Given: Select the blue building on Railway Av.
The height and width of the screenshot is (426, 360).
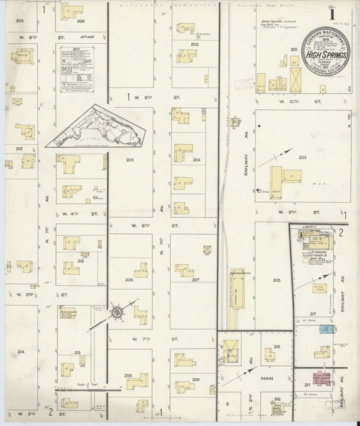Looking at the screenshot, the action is click(x=327, y=329).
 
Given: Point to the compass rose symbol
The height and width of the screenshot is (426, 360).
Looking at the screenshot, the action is click(x=116, y=312).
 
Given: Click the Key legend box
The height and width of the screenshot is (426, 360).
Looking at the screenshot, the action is click(x=76, y=68).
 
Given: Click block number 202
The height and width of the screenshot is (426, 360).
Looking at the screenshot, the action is click(x=302, y=158).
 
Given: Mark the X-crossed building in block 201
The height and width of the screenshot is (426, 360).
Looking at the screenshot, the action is click(x=299, y=82).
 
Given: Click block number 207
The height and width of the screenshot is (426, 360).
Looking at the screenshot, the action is click(x=195, y=279).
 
